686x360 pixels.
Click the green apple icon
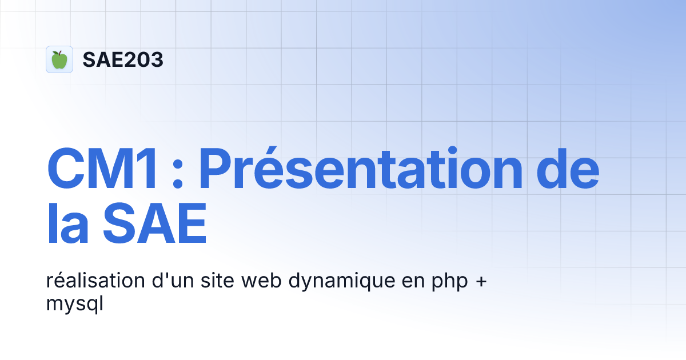(x=59, y=59)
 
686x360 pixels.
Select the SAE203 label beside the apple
(x=123, y=59)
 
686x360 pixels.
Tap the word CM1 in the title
(x=102, y=170)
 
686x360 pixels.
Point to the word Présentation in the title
(x=361, y=170)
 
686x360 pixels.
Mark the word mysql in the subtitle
(x=74, y=305)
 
